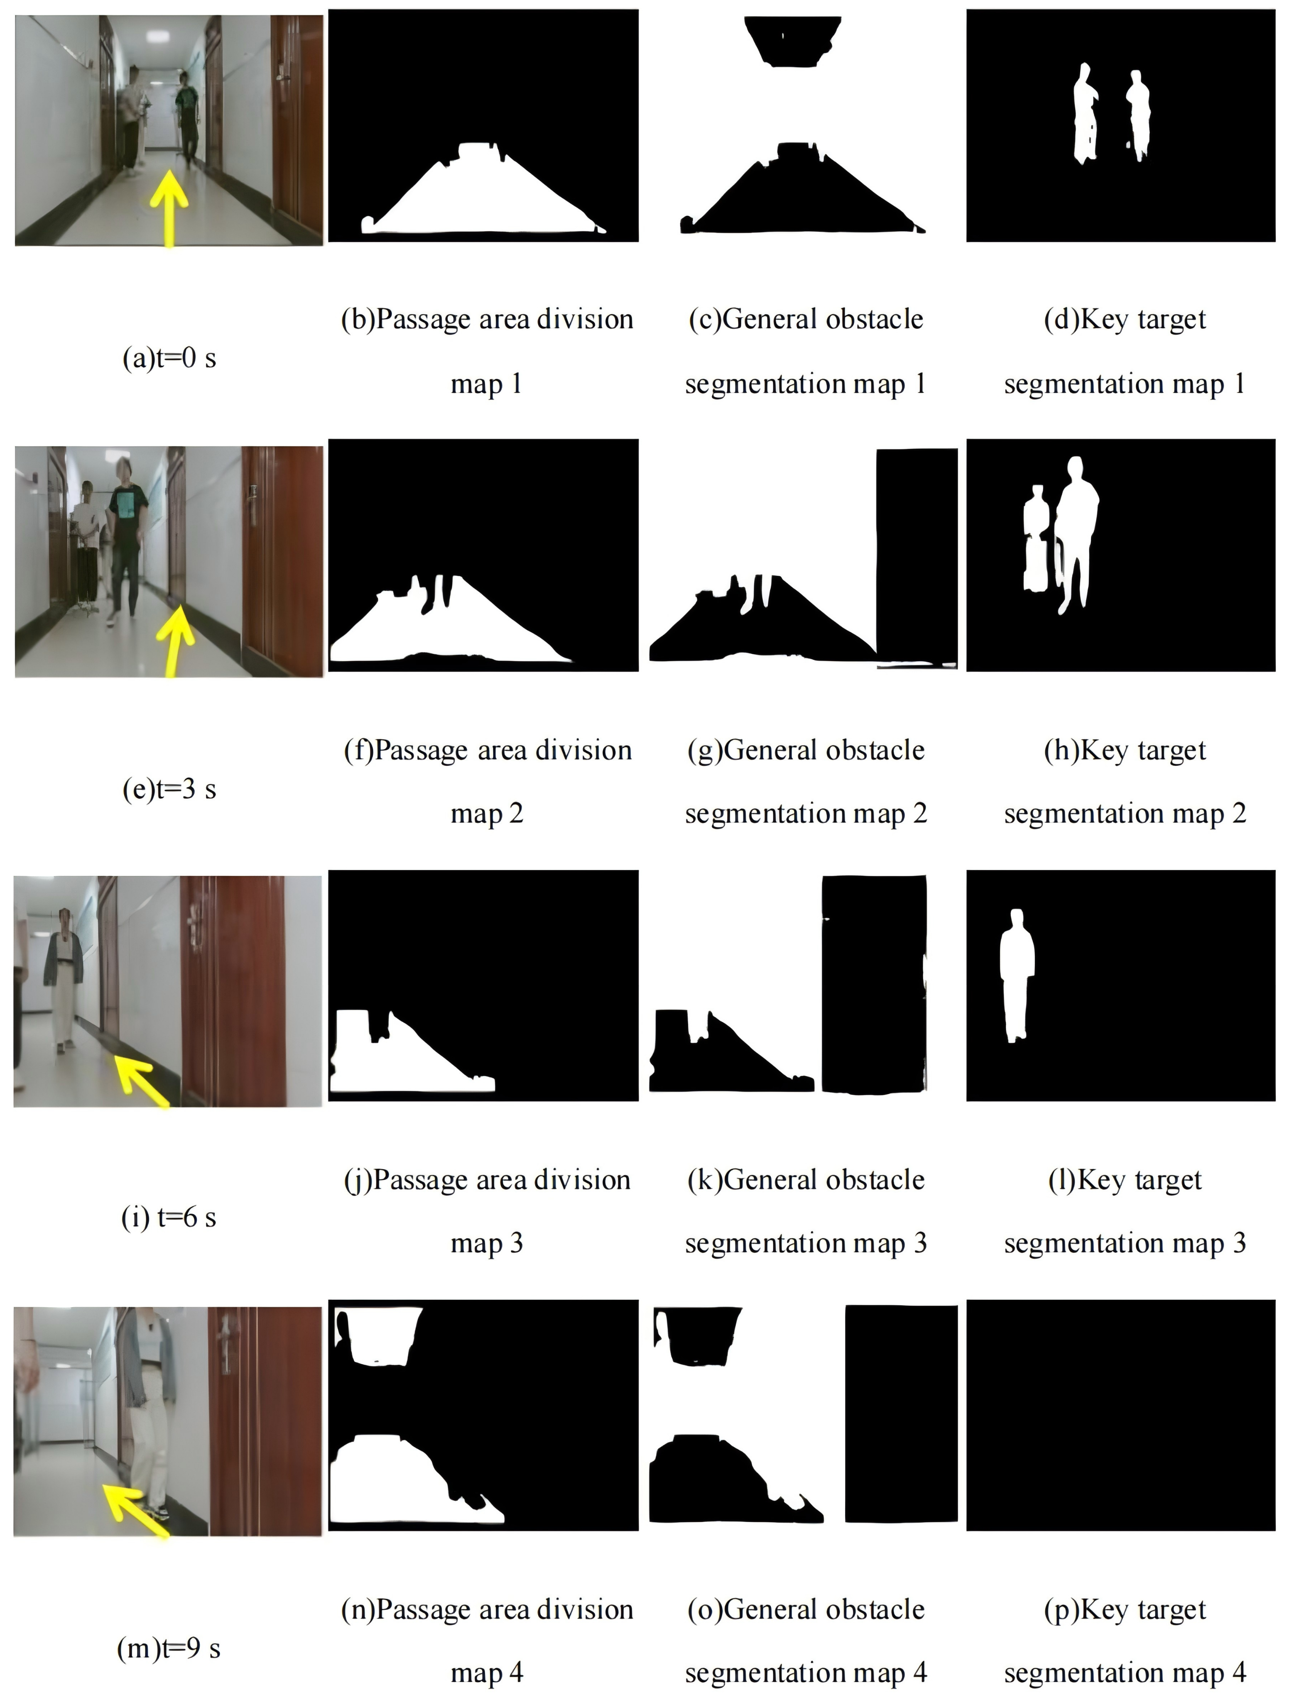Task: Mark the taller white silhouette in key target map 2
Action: tap(1077, 531)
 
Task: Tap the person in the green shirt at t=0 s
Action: tap(186, 119)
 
